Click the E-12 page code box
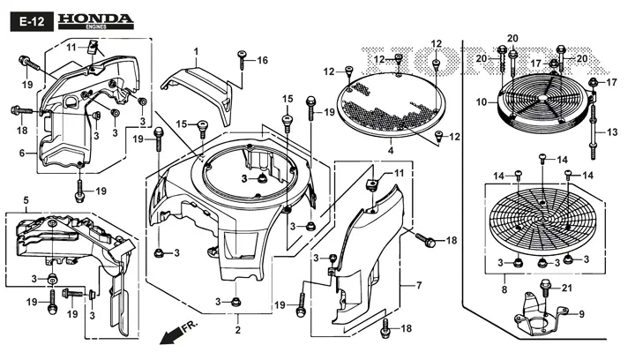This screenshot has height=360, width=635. click(x=32, y=21)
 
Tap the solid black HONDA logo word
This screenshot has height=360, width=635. click(x=95, y=19)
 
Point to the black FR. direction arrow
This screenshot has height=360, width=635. click(x=171, y=335)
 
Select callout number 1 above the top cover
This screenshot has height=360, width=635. click(x=196, y=52)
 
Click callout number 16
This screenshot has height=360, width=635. click(x=263, y=60)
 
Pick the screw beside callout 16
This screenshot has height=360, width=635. click(x=243, y=59)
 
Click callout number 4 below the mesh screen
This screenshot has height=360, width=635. click(x=391, y=151)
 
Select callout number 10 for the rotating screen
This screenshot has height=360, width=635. click(x=482, y=102)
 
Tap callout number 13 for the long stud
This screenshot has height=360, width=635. click(x=612, y=132)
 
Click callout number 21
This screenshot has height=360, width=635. click(x=567, y=288)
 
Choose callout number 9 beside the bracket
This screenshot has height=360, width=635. click(x=581, y=314)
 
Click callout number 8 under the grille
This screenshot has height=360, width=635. click(x=504, y=290)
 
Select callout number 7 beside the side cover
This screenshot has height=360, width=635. click(x=419, y=286)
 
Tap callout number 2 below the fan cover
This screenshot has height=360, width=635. click(x=238, y=330)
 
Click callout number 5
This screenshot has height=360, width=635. click(x=26, y=200)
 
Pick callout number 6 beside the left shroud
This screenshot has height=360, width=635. click(x=22, y=153)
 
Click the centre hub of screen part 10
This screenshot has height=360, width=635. click(x=542, y=99)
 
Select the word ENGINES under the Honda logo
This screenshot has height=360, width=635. click(x=96, y=26)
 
